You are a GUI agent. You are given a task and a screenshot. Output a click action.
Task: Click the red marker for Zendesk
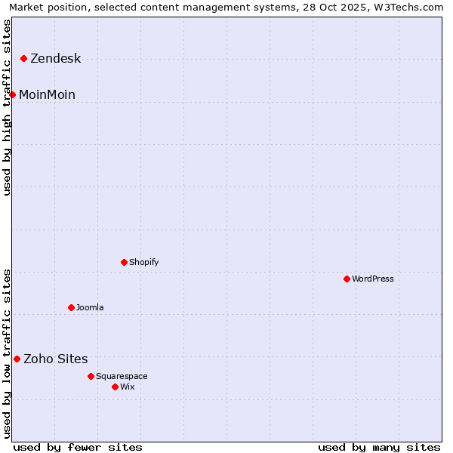pyautogui.click(x=24, y=58)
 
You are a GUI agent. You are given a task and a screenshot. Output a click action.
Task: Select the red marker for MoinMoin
pyautogui.click(x=13, y=94)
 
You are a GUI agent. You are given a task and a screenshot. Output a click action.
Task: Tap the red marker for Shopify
pyautogui.click(x=125, y=262)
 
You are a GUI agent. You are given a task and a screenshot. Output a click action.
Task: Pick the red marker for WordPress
pyautogui.click(x=347, y=279)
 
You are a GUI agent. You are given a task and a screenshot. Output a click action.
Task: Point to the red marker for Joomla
pyautogui.click(x=72, y=307)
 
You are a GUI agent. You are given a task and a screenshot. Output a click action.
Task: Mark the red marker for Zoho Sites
pyautogui.click(x=17, y=359)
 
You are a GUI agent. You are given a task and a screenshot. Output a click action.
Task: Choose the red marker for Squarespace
pyautogui.click(x=91, y=376)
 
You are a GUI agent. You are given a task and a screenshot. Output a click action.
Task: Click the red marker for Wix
pyautogui.click(x=116, y=387)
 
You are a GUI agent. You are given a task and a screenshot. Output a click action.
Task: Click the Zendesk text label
pyautogui.click(x=55, y=59)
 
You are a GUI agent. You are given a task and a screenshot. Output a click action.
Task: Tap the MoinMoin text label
pyautogui.click(x=47, y=94)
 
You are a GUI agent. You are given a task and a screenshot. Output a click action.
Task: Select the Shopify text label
pyautogui.click(x=143, y=262)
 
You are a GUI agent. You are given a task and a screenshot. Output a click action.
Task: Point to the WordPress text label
pyautogui.click(x=373, y=279)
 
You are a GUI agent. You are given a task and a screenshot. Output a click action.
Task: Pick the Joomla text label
pyautogui.click(x=90, y=307)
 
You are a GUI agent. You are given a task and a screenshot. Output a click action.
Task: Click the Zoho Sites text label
pyautogui.click(x=55, y=359)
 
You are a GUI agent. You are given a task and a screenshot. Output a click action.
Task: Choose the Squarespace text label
pyautogui.click(x=122, y=376)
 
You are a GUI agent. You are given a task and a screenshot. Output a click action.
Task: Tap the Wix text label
pyautogui.click(x=128, y=387)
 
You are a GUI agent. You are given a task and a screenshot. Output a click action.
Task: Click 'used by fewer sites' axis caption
pyautogui.click(x=78, y=447)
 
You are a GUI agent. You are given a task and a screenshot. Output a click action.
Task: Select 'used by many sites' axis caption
pyautogui.click(x=379, y=447)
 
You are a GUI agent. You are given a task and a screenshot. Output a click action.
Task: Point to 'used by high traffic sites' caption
pyautogui.click(x=8, y=107)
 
